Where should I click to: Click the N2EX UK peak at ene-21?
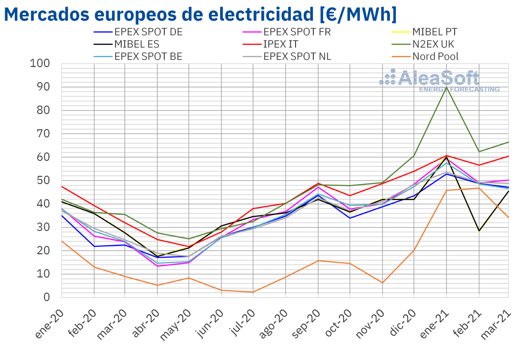(447, 87)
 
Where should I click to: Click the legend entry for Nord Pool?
(435, 56)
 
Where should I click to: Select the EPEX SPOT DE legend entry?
(148, 32)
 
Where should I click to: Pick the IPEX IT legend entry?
(280, 44)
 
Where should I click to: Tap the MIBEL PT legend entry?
(434, 32)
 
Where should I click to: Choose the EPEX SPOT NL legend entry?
(297, 56)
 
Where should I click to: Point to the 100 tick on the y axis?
(40, 64)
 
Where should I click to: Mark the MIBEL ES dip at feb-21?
(479, 231)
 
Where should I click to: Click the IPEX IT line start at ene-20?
(62, 186)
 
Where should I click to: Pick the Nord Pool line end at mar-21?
(509, 217)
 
